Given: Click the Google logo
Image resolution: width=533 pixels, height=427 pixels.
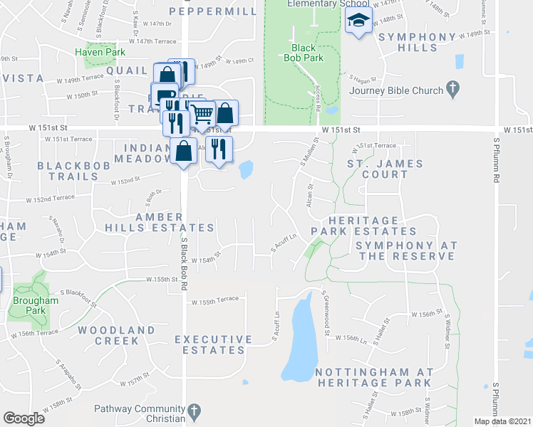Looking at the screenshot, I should [x=24, y=418].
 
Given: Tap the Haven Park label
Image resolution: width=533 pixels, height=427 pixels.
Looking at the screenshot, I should [x=100, y=52].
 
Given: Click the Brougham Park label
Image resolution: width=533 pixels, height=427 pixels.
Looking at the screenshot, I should [x=29, y=305].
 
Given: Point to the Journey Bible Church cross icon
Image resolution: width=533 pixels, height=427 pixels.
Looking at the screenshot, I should [x=451, y=89].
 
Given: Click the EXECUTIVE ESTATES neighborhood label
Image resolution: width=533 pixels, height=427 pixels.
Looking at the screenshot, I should [x=214, y=344].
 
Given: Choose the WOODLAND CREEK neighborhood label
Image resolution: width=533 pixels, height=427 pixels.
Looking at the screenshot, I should [x=116, y=335].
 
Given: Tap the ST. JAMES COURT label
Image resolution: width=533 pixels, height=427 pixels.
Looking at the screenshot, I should [x=385, y=169].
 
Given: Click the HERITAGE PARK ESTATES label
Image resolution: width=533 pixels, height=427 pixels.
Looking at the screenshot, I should [x=363, y=226].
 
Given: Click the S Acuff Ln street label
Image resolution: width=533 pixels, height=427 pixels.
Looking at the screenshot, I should [x=284, y=243].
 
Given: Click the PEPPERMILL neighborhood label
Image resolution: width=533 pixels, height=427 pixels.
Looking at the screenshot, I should [x=213, y=12].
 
